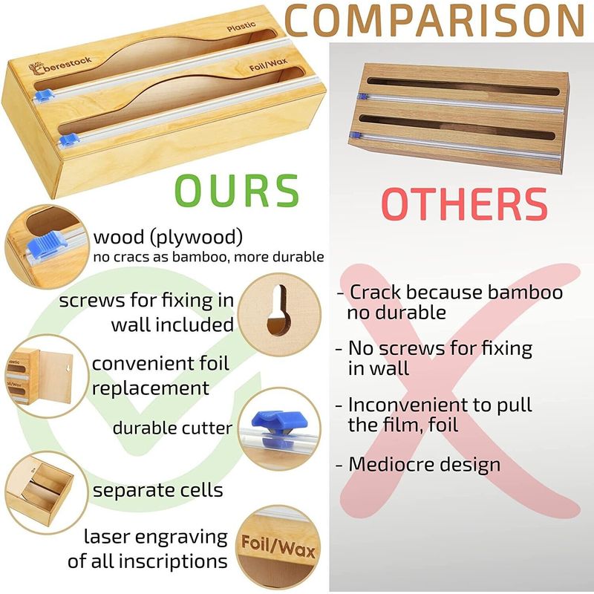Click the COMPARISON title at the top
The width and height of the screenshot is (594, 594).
434,20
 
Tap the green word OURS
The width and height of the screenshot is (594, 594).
237,191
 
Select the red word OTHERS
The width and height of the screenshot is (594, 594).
465,204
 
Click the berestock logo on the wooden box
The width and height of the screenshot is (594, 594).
60,65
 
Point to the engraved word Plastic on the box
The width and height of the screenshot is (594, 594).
241,27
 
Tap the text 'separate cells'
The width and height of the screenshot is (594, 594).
158,490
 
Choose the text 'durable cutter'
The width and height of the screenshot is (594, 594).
172,428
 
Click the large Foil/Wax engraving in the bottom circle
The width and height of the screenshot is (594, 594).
278,546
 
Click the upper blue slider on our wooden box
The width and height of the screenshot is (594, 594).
44,94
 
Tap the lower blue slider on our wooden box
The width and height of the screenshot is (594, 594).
69,140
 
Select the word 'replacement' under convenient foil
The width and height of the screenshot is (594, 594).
151,388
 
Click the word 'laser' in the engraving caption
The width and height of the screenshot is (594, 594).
104,536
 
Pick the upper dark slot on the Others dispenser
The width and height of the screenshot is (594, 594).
463,86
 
